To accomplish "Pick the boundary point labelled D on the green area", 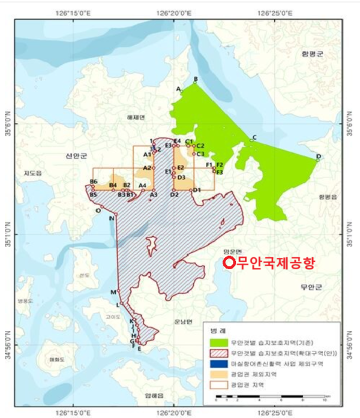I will point(319,157).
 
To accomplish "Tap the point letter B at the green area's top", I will point(195,79).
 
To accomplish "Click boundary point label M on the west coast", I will point(112,292).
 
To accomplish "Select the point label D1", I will point(196,190).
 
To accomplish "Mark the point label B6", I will point(93,182).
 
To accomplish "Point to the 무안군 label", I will point(311,287).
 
